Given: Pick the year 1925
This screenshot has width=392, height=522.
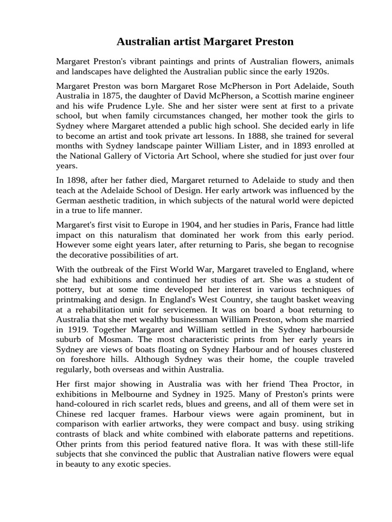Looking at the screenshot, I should [214, 395].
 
